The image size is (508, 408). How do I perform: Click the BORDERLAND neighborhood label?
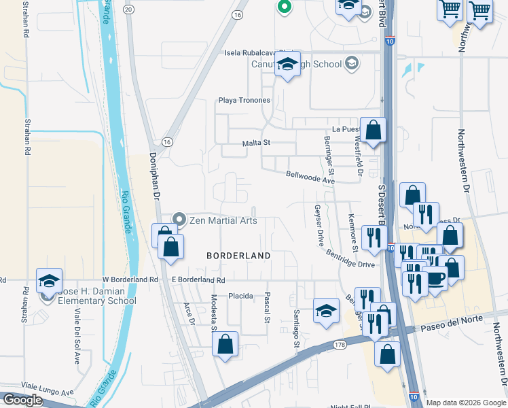pos(238,256)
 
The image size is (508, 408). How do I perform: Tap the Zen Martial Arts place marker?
pos(179,219)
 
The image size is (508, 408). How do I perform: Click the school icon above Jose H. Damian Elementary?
pos(50,280)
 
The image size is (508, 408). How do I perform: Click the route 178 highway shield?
pos(340,345)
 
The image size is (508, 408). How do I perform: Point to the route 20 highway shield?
pos(129,8)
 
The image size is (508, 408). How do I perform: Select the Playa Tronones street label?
pos(244,101)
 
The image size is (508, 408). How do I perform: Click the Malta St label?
pos(257,143)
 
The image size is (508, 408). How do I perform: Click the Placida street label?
pos(240,296)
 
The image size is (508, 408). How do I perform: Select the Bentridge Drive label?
pos(350,259)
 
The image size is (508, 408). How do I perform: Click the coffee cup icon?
pos(435,279)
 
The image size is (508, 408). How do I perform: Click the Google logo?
pos(22,400)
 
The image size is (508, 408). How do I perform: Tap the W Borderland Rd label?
pos(130,279)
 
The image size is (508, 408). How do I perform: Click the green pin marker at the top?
pos(284,7)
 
